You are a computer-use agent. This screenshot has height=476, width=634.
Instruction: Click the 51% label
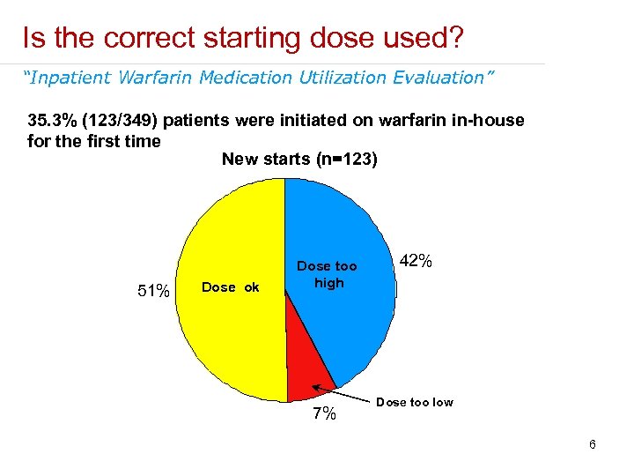153,291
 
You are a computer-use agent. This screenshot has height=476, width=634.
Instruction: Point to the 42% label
416,262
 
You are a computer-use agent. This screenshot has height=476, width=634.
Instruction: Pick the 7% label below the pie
324,414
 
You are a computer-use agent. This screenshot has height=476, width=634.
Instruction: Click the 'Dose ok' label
231,286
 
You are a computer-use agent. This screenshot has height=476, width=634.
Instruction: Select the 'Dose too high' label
328,274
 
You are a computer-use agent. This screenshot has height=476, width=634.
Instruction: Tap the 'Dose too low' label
414,402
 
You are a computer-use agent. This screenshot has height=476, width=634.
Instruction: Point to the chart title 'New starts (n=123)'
299,159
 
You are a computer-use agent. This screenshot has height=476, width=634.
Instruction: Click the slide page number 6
593,444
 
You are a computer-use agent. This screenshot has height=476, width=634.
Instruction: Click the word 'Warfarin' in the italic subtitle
158,78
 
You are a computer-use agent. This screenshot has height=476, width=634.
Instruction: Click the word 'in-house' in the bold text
488,120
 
